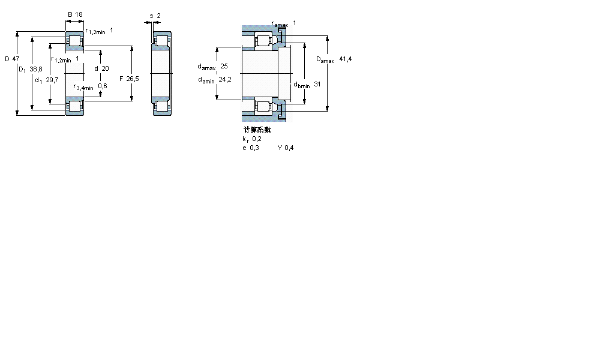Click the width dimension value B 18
(75, 14)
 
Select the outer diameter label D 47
(11, 59)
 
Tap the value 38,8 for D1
(35, 70)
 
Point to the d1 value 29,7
(52, 80)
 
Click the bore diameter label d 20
(101, 68)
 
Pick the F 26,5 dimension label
(129, 79)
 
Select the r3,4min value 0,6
(103, 86)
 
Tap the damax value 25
(224, 66)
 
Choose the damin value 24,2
(225, 79)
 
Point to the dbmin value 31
(317, 85)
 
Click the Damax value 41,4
(345, 59)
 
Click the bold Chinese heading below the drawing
(257, 130)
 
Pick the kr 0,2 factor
(252, 139)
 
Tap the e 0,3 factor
(251, 148)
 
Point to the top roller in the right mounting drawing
(263, 41)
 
